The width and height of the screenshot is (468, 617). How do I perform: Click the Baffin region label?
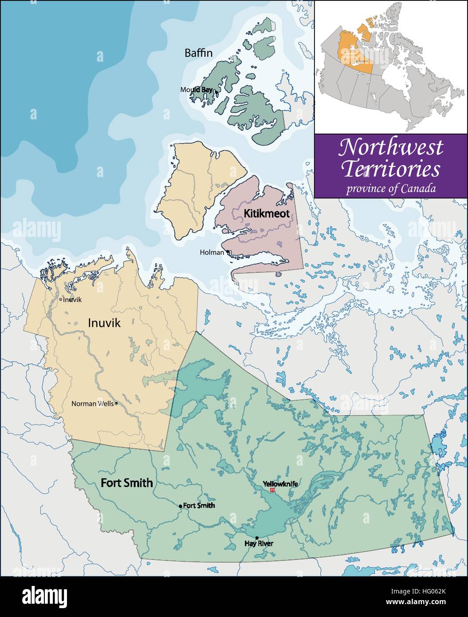[x=198, y=53]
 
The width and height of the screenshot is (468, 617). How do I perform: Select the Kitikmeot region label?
[x=267, y=214]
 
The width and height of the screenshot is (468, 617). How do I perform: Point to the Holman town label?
[x=212, y=253]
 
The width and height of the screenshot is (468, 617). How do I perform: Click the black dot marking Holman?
[x=228, y=252]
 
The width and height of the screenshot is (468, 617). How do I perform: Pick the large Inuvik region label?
[x=104, y=324]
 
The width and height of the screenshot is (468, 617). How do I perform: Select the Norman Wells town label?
[x=92, y=404]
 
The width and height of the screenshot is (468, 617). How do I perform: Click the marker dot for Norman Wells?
[x=116, y=404]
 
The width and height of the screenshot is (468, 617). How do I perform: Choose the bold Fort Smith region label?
[x=127, y=483]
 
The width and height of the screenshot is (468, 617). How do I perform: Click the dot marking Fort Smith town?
[x=181, y=506]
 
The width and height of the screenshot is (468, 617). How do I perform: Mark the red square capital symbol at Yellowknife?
[x=272, y=490]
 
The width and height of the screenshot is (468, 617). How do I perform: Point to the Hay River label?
[x=259, y=543]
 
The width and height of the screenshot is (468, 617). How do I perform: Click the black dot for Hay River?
[x=257, y=538]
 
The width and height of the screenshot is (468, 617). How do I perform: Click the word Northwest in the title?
[x=391, y=147]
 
